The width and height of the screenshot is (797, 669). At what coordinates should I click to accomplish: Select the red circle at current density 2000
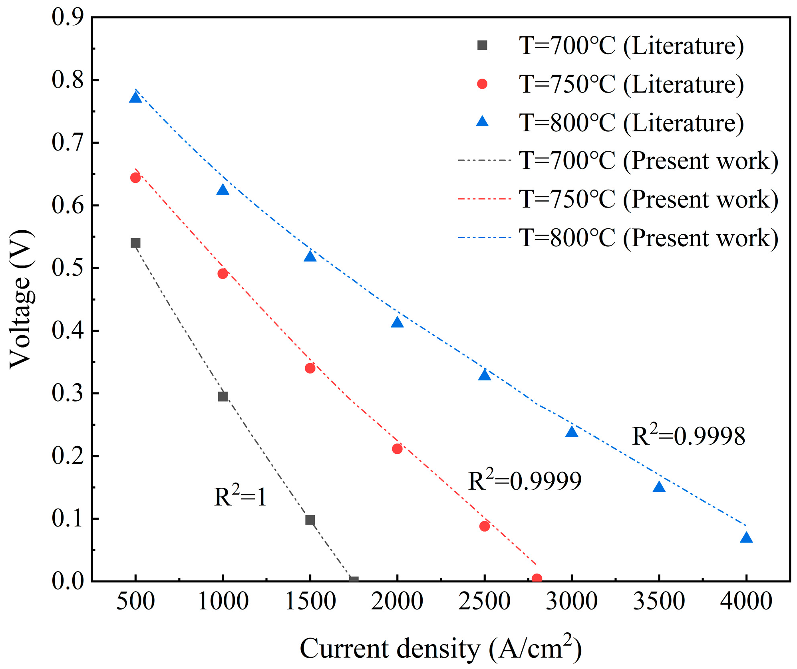(x=397, y=449)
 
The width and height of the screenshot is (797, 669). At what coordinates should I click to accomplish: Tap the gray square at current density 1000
(x=223, y=396)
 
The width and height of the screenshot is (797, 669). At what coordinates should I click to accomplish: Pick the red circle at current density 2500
(x=484, y=526)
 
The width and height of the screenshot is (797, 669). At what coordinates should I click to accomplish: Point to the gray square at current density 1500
(x=310, y=520)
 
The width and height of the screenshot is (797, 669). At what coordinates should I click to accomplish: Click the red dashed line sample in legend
(x=484, y=199)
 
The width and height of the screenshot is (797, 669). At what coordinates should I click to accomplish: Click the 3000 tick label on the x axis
(x=572, y=601)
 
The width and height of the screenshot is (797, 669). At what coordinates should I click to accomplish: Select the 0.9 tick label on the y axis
(x=68, y=18)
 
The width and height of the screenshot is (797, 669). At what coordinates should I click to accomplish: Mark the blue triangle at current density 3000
(x=572, y=432)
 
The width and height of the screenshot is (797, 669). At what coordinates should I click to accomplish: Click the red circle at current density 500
(x=135, y=178)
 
